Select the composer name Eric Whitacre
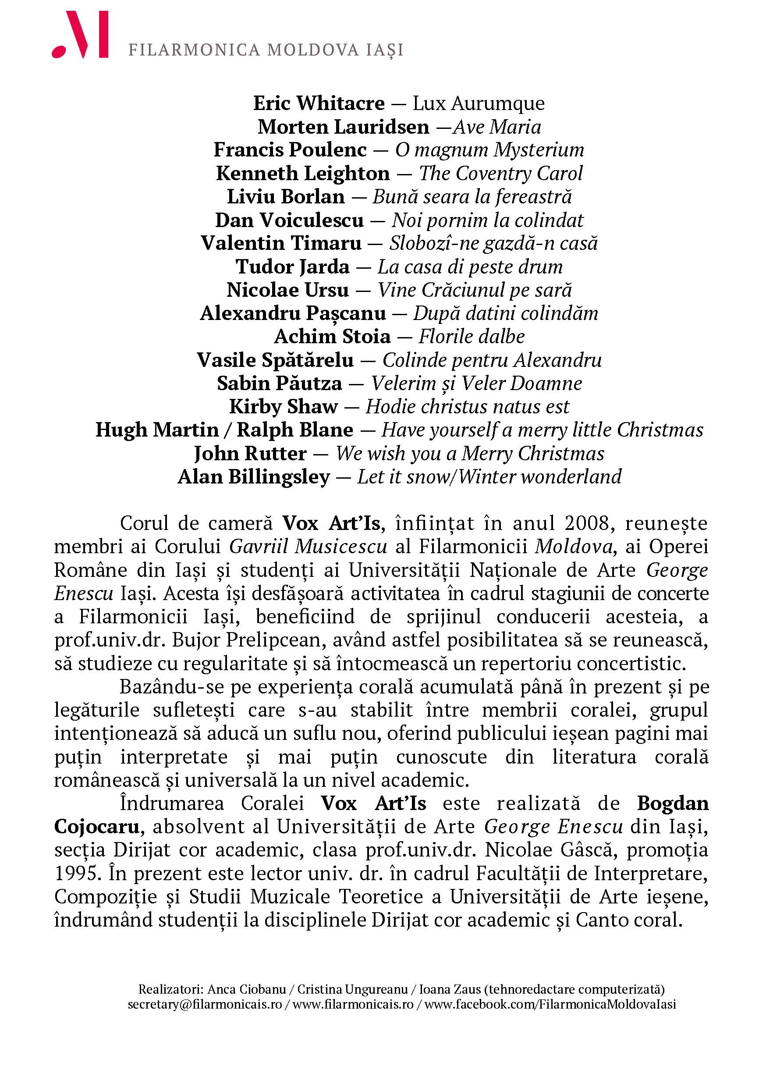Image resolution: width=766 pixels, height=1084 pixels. click(319, 103)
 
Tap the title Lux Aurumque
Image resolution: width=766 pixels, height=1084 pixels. click(479, 103)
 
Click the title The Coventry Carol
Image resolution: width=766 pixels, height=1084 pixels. click(501, 173)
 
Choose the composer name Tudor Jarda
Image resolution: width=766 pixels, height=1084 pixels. click(293, 267)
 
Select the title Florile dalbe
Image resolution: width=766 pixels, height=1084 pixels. click(472, 337)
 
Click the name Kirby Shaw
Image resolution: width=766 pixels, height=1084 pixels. click(284, 406)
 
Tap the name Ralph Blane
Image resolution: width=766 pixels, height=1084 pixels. click(295, 430)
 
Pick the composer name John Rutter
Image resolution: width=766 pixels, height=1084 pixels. click(250, 454)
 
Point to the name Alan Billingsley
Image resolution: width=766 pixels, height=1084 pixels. click(253, 477)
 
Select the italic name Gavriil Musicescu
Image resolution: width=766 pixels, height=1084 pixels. click(308, 547)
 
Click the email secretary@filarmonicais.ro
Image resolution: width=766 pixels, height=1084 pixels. click(205, 1004)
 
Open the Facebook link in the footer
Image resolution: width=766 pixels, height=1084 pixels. click(550, 1004)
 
